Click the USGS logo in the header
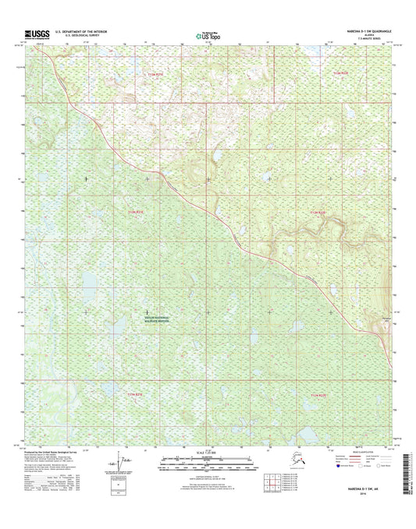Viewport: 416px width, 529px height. pos(37,34)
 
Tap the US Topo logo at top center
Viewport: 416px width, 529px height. pos(207,34)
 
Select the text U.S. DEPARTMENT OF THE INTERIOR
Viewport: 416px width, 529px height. pos(82,32)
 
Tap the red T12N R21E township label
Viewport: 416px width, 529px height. pos(136,211)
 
